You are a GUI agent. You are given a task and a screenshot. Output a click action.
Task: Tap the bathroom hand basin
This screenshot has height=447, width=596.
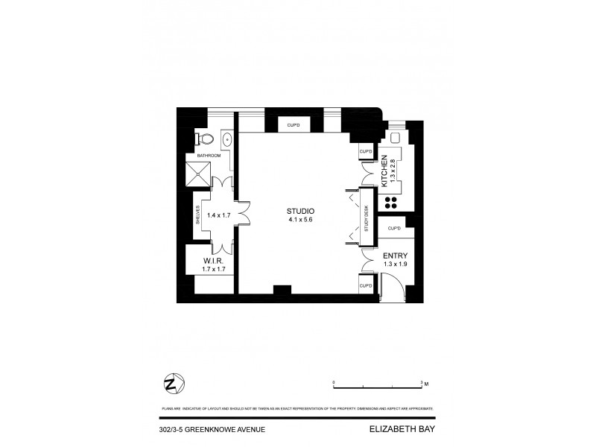coord(227,139)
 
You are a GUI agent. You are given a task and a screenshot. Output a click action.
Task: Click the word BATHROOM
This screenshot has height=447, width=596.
coord(209,155)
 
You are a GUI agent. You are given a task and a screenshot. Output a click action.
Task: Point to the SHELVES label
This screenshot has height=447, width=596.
coord(198,215)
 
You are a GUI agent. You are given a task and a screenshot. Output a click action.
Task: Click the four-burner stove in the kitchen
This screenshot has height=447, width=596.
coord(390,203)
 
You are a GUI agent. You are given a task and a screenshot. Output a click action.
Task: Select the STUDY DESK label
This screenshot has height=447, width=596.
coord(366,222)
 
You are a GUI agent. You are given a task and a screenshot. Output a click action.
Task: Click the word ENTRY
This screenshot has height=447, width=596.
coord(395,255)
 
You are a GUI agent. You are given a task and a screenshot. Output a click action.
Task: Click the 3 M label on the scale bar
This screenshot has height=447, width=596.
coord(425,382)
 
